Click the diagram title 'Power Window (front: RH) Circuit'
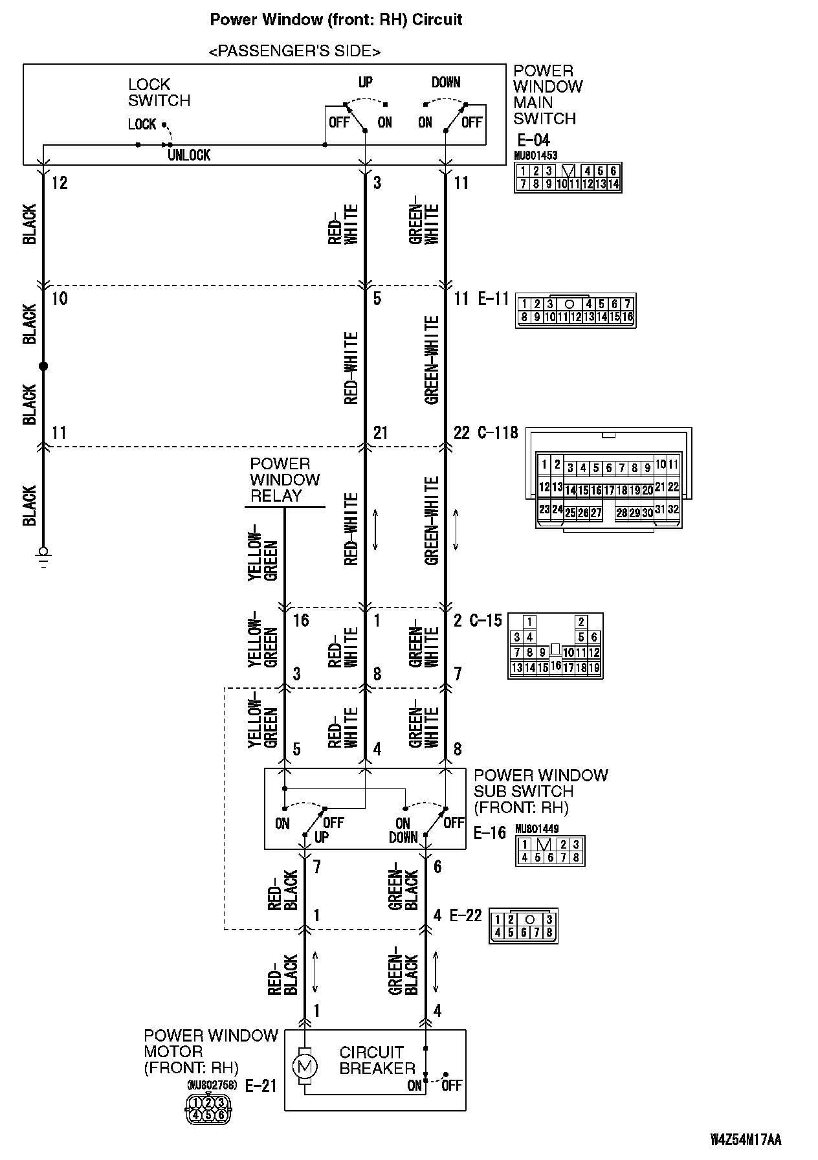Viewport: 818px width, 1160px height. click(336, 19)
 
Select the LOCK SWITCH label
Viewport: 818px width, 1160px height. click(159, 93)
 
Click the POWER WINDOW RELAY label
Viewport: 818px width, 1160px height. click(285, 480)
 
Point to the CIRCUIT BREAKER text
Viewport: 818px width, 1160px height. click(377, 1060)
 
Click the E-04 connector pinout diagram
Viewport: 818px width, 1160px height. click(567, 177)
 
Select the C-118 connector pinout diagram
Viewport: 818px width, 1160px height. click(608, 480)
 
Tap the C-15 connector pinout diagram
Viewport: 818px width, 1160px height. click(555, 645)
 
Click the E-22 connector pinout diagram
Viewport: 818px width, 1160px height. click(524, 926)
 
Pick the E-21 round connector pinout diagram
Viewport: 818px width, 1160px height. click(208, 1108)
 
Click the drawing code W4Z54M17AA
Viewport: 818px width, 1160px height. click(746, 1139)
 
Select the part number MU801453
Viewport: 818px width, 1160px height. click(535, 155)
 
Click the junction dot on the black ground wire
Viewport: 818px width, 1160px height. click(43, 366)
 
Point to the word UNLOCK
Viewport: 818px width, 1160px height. click(189, 155)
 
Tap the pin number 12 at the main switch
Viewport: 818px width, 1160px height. click(59, 183)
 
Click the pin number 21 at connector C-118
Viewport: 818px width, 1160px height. click(380, 432)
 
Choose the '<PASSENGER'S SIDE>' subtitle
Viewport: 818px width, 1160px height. click(294, 51)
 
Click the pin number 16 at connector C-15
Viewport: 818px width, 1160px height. click(301, 620)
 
